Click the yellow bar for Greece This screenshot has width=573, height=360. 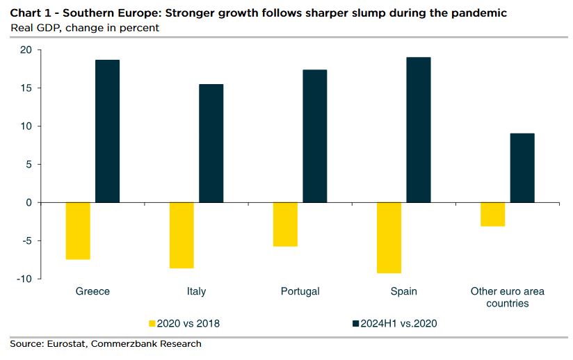tap(78, 231)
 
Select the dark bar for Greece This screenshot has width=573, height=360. tap(108, 131)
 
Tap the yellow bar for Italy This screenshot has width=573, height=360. tap(181, 235)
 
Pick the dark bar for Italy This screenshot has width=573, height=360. tap(211, 143)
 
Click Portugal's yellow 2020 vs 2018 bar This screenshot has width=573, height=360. tap(285, 224)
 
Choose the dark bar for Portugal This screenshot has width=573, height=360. tap(315, 136)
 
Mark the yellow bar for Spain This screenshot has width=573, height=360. tap(389, 238)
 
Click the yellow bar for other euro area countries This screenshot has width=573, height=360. tap(492, 214)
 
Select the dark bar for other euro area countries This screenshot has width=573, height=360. tap(522, 167)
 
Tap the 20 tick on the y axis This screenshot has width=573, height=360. tap(26, 50)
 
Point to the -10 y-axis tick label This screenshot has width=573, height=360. tap(24, 279)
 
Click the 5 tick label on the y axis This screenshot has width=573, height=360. tap(29, 165)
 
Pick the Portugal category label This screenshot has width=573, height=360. tap(300, 291)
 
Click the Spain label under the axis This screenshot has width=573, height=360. tap(403, 291)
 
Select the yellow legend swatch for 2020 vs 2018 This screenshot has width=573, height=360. tap(152, 323)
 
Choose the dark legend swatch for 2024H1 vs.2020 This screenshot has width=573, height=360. tap(357, 323)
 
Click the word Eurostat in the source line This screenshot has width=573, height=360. tap(67, 343)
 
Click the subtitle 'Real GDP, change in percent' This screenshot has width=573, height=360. tap(84, 28)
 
